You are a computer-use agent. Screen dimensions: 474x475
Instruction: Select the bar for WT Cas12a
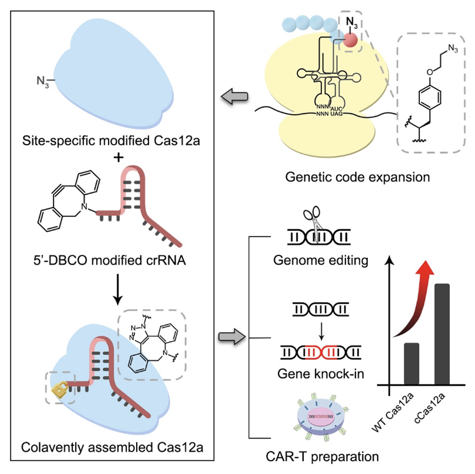pos(411,363)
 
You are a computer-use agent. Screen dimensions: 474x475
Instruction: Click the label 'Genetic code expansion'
pos(357,177)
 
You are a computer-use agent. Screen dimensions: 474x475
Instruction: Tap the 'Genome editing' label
pos(320,260)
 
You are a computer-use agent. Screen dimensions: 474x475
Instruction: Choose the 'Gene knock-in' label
pos(320,374)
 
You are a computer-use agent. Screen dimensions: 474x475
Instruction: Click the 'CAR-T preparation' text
pos(322,457)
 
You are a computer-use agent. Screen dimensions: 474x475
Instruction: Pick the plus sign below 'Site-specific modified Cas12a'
pos(118,157)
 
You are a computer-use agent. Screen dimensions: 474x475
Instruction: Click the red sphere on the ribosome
pos(350,40)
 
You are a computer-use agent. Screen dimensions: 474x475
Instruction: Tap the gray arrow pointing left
pos(235,97)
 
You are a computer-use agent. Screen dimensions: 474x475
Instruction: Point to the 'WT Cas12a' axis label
pos(393,412)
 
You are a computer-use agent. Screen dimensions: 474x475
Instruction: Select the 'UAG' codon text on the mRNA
pos(336,114)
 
